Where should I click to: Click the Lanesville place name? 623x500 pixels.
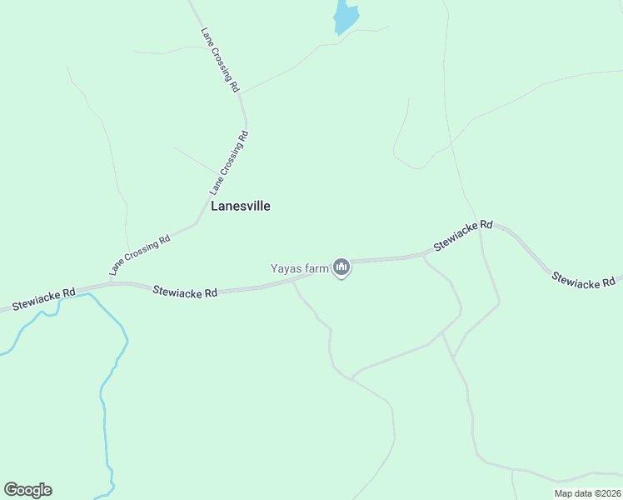[x=240, y=206]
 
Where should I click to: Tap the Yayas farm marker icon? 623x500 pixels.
[x=341, y=267]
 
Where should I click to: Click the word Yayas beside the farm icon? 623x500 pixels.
[x=287, y=268]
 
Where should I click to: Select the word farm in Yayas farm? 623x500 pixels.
[x=317, y=268]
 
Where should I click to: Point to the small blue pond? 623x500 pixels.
[x=345, y=17]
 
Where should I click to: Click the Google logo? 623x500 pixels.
[x=27, y=490]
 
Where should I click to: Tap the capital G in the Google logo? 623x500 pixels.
[x=11, y=490]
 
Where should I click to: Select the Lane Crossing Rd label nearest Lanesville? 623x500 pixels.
[x=229, y=158]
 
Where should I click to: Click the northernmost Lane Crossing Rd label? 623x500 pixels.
[x=221, y=60]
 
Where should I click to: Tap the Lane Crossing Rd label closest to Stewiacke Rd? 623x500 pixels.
[x=140, y=254]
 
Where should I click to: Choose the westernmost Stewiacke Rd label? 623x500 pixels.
[x=43, y=297]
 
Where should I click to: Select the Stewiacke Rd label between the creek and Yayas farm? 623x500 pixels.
[x=185, y=292]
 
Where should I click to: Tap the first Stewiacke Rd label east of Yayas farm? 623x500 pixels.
[x=463, y=237]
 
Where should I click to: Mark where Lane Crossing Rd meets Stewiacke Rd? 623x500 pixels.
[x=108, y=283]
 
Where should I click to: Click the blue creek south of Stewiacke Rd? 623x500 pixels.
[x=106, y=392]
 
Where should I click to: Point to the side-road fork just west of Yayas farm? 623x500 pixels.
[x=292, y=282]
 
